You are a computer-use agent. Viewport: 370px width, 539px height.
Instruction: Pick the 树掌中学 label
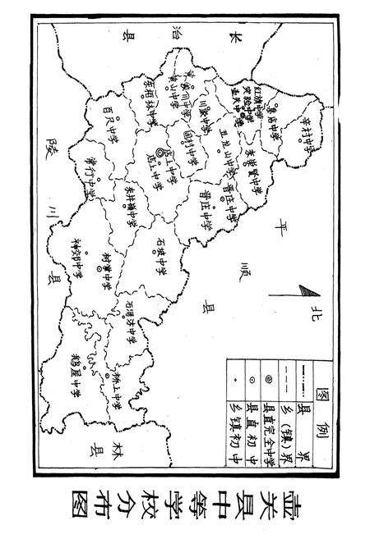(106, 267)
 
